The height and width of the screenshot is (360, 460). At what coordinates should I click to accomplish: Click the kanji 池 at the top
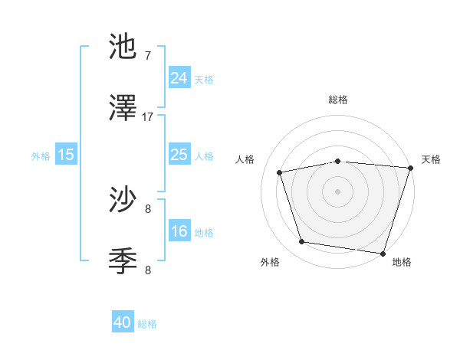pyautogui.click(x=123, y=47)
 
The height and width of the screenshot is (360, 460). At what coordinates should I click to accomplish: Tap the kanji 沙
pyautogui.click(x=123, y=201)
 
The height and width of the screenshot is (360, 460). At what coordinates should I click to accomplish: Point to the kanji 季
pyautogui.click(x=123, y=262)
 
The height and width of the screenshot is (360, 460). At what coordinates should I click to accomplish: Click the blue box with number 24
pyautogui.click(x=179, y=78)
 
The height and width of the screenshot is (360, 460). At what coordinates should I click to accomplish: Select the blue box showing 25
pyautogui.click(x=179, y=155)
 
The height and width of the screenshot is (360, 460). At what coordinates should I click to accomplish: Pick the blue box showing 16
pyautogui.click(x=179, y=231)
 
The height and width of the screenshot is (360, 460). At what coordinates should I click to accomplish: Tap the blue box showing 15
pyautogui.click(x=66, y=155)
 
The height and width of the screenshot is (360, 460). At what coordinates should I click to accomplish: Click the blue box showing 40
pyautogui.click(x=123, y=323)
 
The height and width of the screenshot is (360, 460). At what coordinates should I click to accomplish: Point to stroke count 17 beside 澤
pyautogui.click(x=148, y=117)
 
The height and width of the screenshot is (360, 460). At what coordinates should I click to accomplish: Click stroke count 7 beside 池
pyautogui.click(x=148, y=56)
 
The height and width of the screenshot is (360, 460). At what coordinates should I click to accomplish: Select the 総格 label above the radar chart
pyautogui.click(x=338, y=100)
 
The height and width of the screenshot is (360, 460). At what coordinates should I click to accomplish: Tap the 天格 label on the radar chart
pyautogui.click(x=432, y=159)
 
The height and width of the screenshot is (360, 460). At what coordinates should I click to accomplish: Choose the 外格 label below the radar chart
pyautogui.click(x=270, y=262)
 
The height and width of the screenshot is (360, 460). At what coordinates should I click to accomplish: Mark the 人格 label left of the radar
pyautogui.click(x=246, y=159)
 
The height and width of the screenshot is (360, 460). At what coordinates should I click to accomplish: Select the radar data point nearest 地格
pyautogui.click(x=383, y=253)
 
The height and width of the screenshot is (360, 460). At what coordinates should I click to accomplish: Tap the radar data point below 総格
pyautogui.click(x=338, y=161)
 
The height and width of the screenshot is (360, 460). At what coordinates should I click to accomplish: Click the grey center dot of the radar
pyautogui.click(x=338, y=191)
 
